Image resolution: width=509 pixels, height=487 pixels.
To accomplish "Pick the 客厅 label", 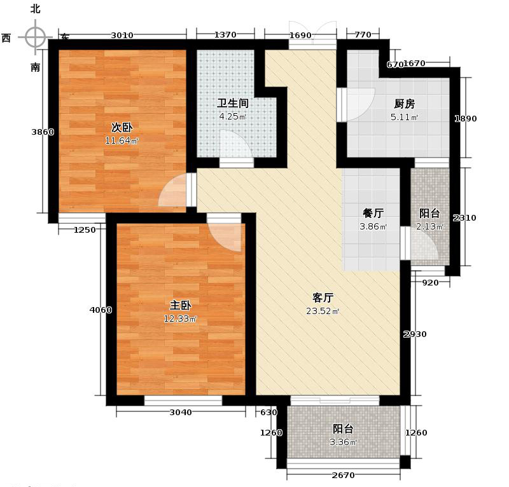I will point(323,298).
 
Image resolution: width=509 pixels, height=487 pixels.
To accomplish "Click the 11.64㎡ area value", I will point(122,141).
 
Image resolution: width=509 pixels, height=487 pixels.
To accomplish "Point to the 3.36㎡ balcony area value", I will point(343,442).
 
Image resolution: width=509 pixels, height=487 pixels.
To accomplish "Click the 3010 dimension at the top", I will point(122,36).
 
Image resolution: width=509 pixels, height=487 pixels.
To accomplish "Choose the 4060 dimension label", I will point(101,310).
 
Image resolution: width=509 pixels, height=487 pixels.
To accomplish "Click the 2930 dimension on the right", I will point(415,334).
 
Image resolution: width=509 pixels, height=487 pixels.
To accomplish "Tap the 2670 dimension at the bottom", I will point(343,475).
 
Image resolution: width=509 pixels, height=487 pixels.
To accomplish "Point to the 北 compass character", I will point(36,9).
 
